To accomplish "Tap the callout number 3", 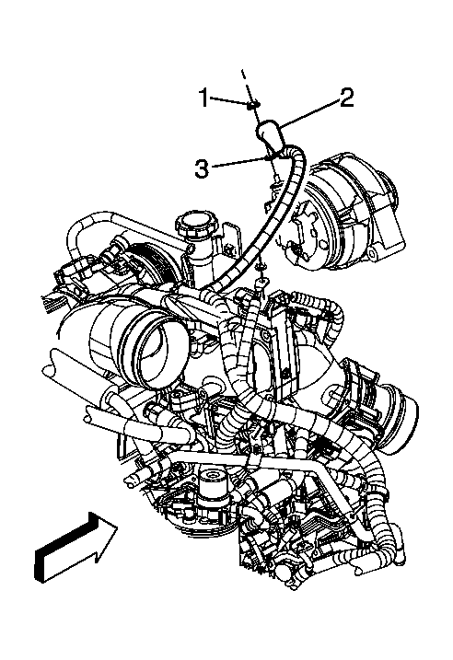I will coord(201,168).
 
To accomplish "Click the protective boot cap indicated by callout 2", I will coord(269,134).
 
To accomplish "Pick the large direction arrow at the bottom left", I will coord(74,549).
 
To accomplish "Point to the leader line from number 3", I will coord(239,163).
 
